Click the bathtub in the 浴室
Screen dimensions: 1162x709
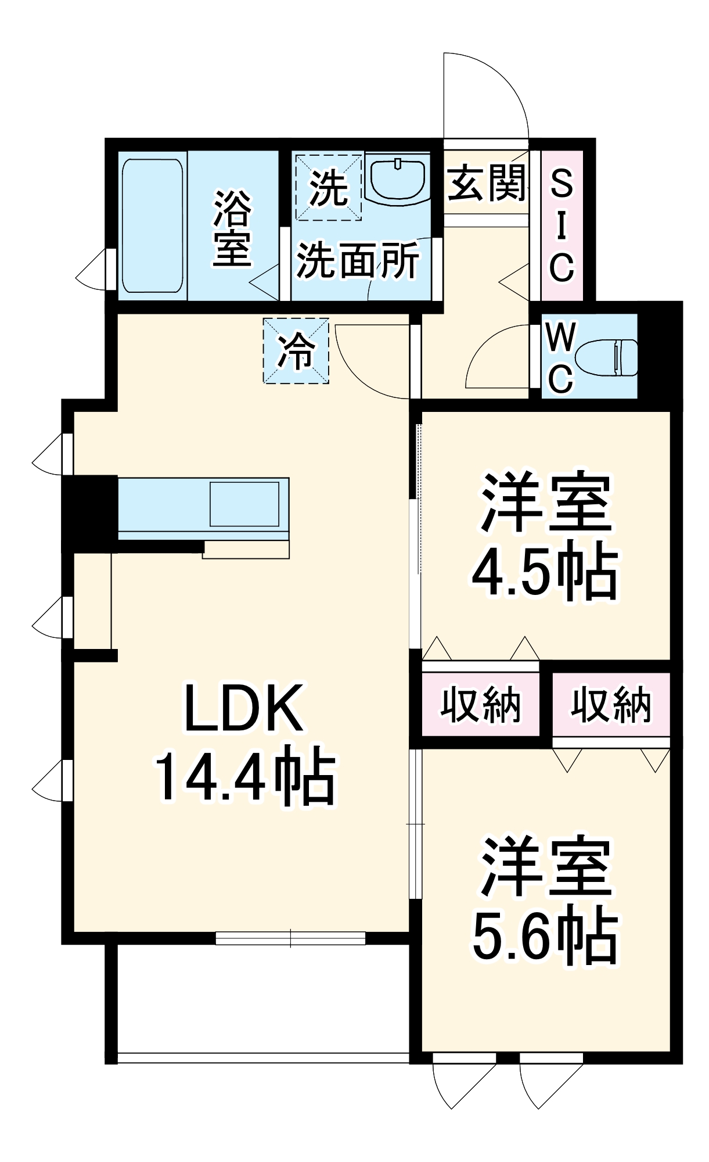tap(152, 225)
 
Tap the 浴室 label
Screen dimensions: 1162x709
tap(232, 228)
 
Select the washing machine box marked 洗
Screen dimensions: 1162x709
tap(328, 187)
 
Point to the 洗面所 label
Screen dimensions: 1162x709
tap(358, 261)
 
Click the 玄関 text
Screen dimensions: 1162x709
tap(487, 183)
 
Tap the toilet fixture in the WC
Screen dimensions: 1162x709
tap(607, 357)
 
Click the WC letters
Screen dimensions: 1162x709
tap(560, 357)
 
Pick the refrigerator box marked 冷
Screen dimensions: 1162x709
tap(296, 351)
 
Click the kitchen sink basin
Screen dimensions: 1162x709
tap(244, 503)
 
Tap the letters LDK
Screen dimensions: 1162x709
tap(244, 709)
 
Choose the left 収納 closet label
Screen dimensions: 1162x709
tap(481, 705)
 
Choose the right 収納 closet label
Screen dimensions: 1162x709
tap(611, 705)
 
